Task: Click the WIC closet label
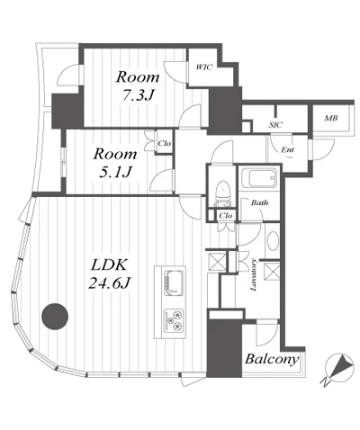(204, 67)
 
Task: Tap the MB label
(331, 118)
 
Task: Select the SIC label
(275, 125)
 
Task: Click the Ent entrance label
(288, 149)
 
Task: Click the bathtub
(260, 177)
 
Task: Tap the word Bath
(259, 202)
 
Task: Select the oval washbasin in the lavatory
(273, 241)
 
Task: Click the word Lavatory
(254, 274)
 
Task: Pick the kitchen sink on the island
(174, 282)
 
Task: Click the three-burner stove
(174, 320)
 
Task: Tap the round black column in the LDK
(55, 317)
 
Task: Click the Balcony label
(272, 359)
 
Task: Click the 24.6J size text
(109, 282)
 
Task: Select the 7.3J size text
(138, 95)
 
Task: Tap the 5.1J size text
(115, 172)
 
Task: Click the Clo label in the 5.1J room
(165, 143)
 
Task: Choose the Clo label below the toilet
(226, 215)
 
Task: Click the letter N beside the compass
(324, 381)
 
